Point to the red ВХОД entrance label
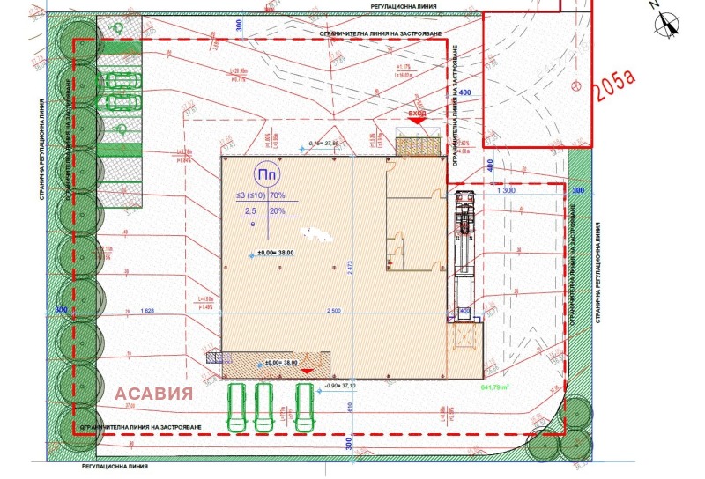coord(417,114)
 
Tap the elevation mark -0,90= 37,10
coord(339,386)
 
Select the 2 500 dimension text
coord(333,311)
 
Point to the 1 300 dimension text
coord(506,190)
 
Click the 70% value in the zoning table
coord(278,195)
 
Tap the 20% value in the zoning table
coord(278,211)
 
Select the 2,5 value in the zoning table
coord(250,211)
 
